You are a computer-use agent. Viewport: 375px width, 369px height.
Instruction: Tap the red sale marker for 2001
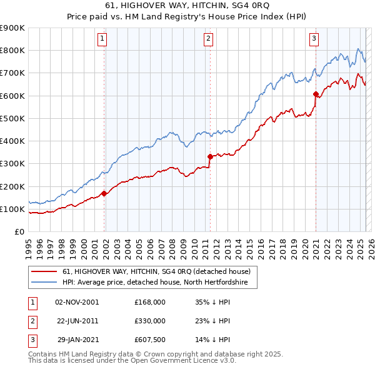(x=104, y=194)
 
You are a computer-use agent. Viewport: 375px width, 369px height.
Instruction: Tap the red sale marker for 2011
(x=210, y=157)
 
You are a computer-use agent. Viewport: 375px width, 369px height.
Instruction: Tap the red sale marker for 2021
(x=316, y=94)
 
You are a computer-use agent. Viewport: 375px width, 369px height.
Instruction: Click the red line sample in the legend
(x=44, y=271)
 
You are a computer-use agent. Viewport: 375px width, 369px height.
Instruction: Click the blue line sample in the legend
(x=44, y=283)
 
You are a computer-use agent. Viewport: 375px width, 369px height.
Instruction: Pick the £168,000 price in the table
(x=149, y=302)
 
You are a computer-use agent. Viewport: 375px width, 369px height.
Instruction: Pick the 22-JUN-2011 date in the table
(x=77, y=321)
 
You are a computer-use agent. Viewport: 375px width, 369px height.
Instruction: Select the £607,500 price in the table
(x=149, y=340)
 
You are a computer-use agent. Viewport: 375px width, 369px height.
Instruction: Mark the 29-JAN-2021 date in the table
(x=77, y=340)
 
